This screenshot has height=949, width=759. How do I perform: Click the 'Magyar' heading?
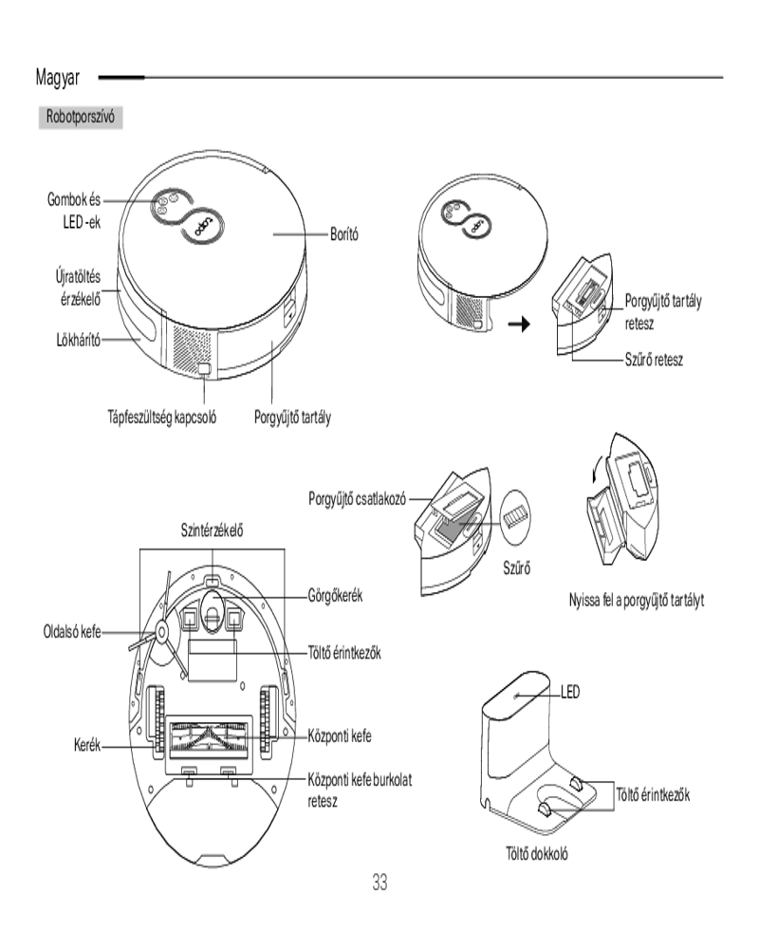click(x=58, y=78)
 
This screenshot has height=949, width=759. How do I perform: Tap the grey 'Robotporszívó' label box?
click(x=81, y=117)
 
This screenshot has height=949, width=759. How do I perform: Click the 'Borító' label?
click(x=343, y=233)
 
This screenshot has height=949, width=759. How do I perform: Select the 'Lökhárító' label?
click(x=78, y=340)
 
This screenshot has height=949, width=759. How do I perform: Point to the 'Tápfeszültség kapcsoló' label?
click(x=161, y=417)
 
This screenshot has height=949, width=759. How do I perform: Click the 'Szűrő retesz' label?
click(x=654, y=360)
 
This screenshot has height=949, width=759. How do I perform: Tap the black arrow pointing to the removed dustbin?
click(x=519, y=325)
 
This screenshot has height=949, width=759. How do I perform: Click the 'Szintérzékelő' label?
click(x=212, y=530)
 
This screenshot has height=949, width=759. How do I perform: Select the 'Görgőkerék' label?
click(x=335, y=596)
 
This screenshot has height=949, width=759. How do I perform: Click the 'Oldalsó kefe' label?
click(x=72, y=632)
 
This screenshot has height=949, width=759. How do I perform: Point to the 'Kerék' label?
click(x=87, y=744)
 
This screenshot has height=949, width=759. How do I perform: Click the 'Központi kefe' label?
click(x=340, y=736)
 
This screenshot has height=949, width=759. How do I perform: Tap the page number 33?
click(x=379, y=883)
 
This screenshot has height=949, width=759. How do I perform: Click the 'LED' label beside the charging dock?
click(x=570, y=691)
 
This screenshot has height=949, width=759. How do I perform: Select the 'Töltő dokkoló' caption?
click(x=537, y=853)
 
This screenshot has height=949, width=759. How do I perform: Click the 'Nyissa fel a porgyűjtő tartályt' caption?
click(x=636, y=600)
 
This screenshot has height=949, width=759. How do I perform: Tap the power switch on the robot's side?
click(x=205, y=368)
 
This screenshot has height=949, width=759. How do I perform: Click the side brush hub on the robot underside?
click(x=161, y=632)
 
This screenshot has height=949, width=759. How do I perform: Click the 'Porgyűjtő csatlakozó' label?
click(x=357, y=499)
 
